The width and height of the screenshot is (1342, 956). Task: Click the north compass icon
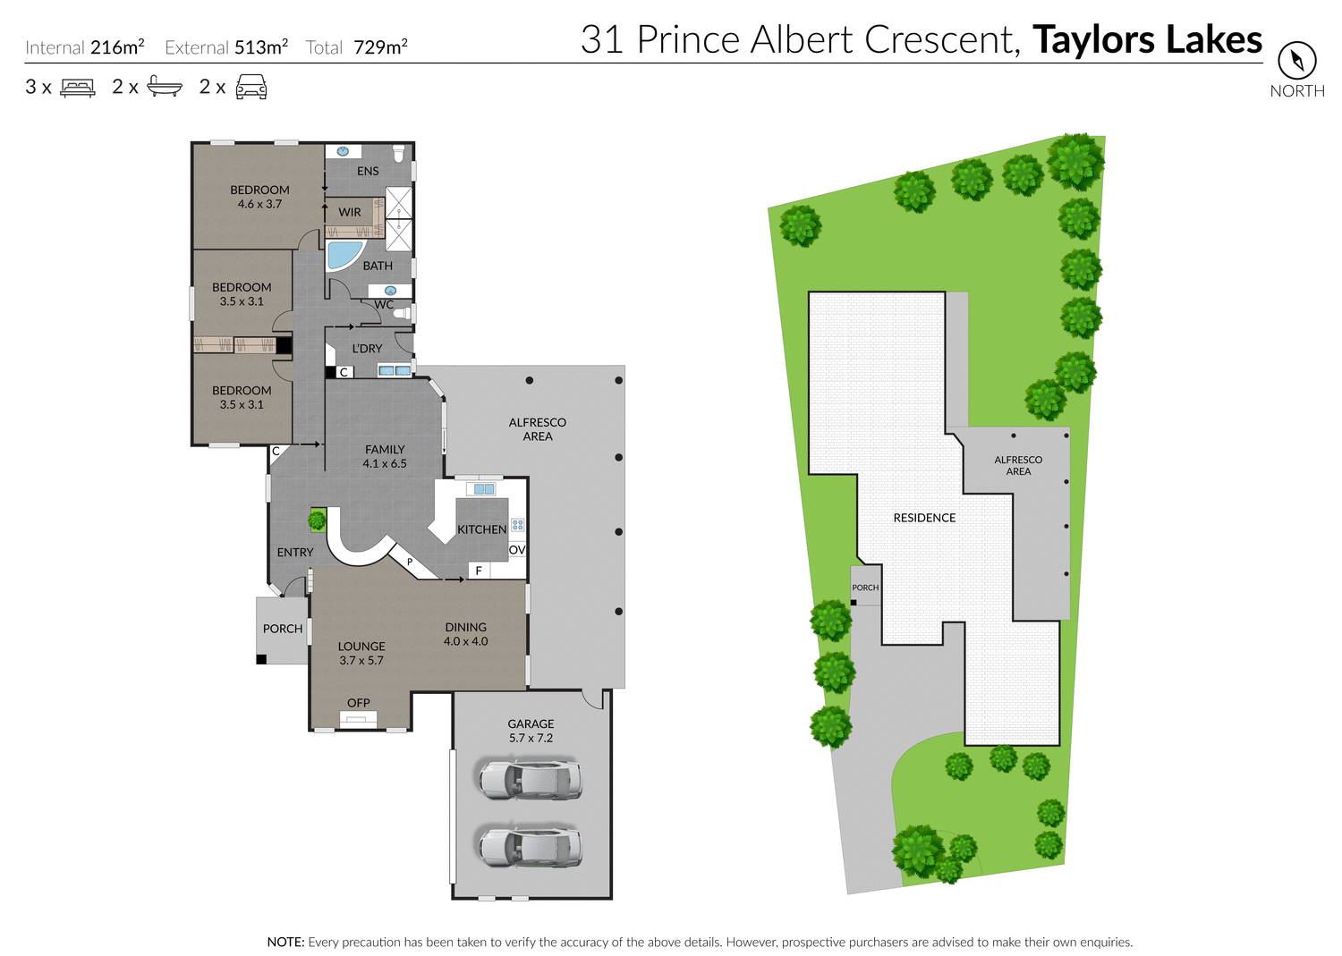pos(1296,61)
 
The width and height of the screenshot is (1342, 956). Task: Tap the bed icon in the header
pos(78,88)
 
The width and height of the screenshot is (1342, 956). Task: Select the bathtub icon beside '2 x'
pos(165,87)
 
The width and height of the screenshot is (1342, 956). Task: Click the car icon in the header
pos(251,87)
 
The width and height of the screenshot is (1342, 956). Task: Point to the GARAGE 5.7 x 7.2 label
pos(531,731)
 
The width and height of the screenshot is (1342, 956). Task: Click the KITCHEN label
pos(481,529)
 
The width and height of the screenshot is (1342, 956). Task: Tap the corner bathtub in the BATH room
pos(344,254)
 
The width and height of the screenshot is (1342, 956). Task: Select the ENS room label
pos(368,171)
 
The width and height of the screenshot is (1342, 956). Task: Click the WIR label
pos(350,212)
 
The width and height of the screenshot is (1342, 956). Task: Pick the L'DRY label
pos(367,349)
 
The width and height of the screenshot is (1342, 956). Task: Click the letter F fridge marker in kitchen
pos(479,571)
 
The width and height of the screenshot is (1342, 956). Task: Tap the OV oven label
pos(517,550)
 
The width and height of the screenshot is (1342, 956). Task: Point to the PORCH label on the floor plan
pos(283,629)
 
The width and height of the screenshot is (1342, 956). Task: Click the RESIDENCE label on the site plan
pos(924,518)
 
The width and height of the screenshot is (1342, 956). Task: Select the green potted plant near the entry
pos(317,520)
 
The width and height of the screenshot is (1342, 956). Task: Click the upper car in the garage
pos(530,779)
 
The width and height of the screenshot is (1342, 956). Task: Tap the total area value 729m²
pos(380,47)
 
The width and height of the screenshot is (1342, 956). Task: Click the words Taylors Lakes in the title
pos(1147,39)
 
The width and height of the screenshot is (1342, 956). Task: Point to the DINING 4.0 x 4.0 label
pos(466,634)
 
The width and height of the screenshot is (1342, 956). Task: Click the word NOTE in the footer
pos(285,942)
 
